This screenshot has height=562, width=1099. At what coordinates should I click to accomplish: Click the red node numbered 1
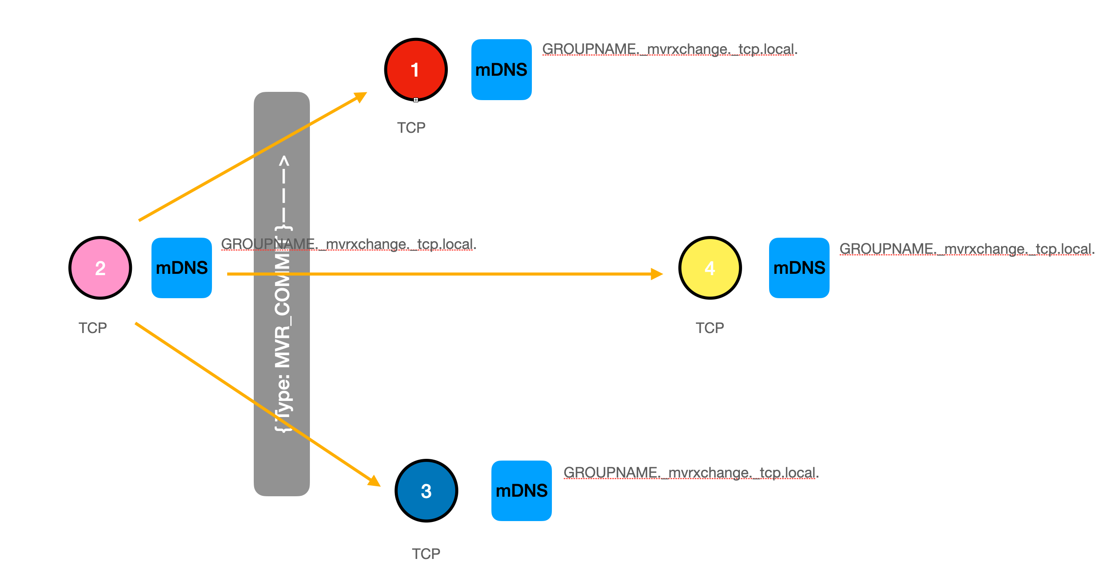pos(416,70)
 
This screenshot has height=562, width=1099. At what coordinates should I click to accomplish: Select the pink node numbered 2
pos(100,268)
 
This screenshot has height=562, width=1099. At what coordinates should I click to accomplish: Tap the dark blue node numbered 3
pos(426,491)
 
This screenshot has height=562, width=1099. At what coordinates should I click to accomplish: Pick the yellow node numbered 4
pos(710,268)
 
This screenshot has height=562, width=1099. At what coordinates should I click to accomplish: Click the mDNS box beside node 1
pos(501,70)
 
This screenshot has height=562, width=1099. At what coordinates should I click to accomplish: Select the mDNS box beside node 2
pos(181,268)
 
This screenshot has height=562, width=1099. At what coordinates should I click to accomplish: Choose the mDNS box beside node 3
pos(521,491)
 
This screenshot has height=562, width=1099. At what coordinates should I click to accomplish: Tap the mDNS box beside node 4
pos(799,268)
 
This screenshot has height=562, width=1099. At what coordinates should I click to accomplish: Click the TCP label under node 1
pos(411,128)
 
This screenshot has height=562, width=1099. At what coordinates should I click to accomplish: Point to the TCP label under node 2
pos(92,328)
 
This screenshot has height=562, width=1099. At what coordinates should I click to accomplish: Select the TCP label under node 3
pos(426,554)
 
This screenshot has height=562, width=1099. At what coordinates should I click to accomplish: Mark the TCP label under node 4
pos(709,328)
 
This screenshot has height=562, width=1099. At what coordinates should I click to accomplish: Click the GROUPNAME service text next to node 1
pos(669,49)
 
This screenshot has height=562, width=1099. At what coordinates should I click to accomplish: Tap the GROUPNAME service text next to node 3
pos(691,473)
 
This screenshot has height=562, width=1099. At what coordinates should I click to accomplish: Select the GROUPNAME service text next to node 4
pos(966,249)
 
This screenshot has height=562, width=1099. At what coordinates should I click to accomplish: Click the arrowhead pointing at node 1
pos(361,96)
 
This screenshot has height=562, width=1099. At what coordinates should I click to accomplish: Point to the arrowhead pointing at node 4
pos(656,274)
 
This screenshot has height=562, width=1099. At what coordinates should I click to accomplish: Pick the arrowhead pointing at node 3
pos(374,481)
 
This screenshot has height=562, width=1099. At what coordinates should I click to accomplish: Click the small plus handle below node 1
pos(416,100)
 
